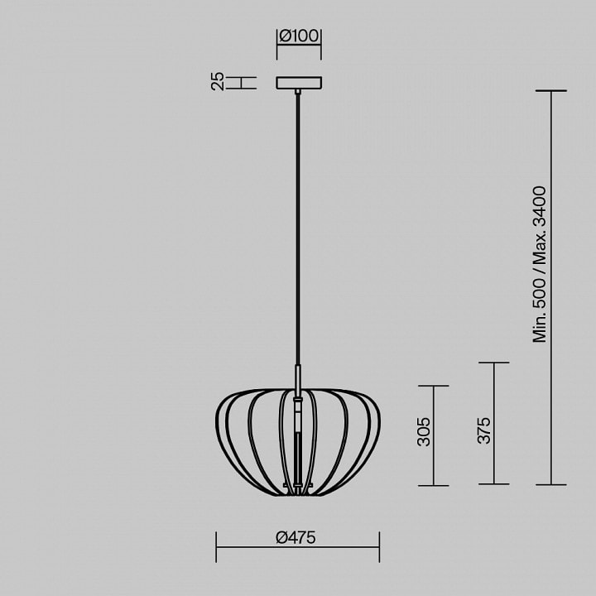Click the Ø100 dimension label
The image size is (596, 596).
coord(299,36)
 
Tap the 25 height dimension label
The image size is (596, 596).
coord(218,81)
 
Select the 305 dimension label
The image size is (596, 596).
coord(424,432)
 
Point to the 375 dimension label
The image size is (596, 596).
coord(484,430)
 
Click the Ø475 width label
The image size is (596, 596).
coord(296,537)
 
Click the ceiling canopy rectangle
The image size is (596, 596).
coord(299,83)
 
